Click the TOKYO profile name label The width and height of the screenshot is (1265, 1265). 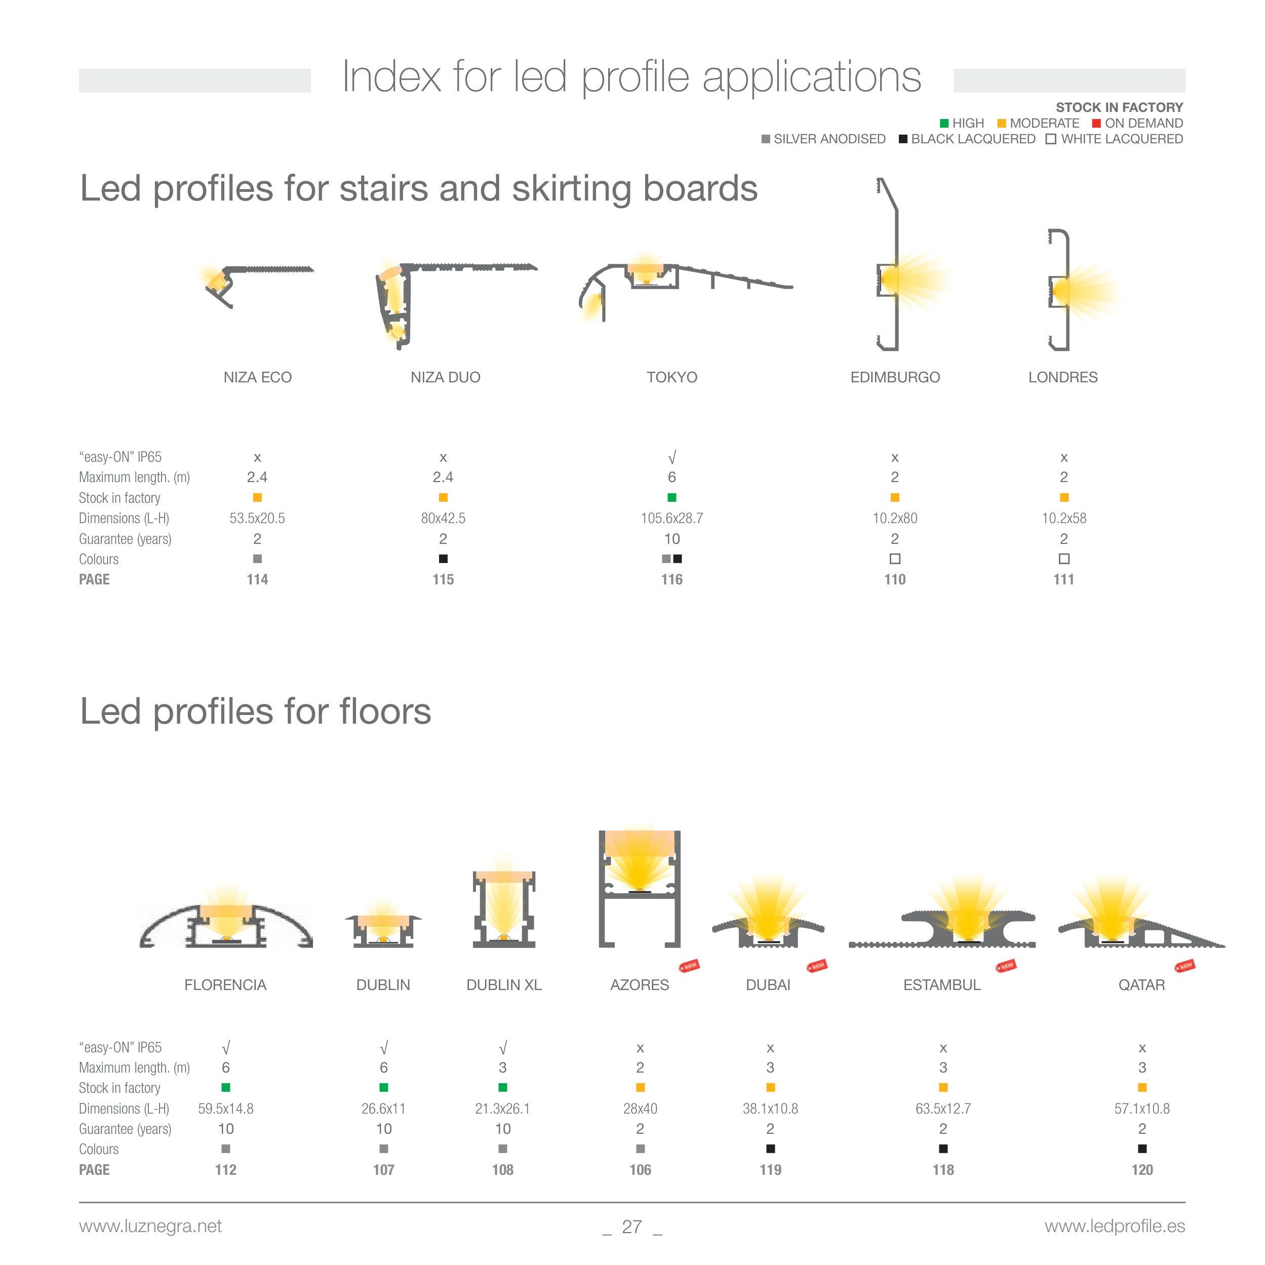click(672, 377)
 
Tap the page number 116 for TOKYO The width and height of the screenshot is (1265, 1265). click(672, 579)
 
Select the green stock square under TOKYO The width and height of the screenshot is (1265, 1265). click(672, 498)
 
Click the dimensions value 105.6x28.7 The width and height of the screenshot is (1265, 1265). click(672, 519)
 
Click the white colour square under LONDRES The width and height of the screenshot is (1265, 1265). click(1064, 559)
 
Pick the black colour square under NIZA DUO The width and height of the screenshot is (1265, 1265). click(443, 559)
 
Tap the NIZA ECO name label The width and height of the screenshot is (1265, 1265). click(257, 377)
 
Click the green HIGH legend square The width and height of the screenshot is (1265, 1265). click(944, 123)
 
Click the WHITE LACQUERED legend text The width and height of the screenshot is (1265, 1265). click(1122, 139)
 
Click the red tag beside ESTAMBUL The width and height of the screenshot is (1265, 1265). click(1006, 966)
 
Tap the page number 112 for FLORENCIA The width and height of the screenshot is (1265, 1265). click(226, 1170)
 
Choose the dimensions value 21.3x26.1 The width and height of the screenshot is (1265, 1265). click(503, 1109)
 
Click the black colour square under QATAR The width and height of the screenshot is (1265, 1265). click(1142, 1149)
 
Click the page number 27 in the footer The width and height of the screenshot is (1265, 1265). click(632, 1227)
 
